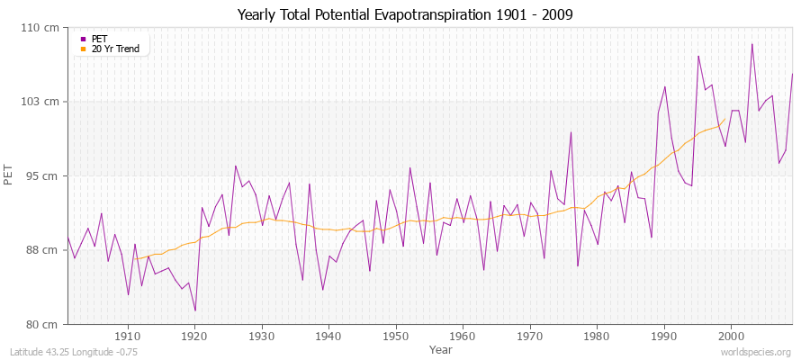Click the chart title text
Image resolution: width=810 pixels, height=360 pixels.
pos(404,14)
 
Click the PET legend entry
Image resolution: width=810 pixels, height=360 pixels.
pos(99,39)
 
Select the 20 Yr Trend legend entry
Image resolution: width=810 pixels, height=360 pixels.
pos(115,49)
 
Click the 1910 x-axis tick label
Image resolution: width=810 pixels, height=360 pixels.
pos(128,337)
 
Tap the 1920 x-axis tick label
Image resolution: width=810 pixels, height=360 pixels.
pos(194,337)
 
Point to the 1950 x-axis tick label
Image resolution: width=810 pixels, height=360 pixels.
pos(395,337)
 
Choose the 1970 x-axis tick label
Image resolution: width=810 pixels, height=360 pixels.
pos(529,337)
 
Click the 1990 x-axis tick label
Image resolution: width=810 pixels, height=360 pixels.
pos(663,337)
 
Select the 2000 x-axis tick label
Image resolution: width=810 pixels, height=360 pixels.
pos(730,337)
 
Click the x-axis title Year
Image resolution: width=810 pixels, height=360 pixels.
pos(440,349)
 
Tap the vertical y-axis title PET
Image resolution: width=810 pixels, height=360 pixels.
pos(10,175)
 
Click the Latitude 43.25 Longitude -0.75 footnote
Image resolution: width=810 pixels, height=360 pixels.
pos(72,352)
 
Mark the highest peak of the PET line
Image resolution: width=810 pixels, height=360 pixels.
pos(751,44)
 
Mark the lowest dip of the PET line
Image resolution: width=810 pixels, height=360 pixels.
pos(195,311)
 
